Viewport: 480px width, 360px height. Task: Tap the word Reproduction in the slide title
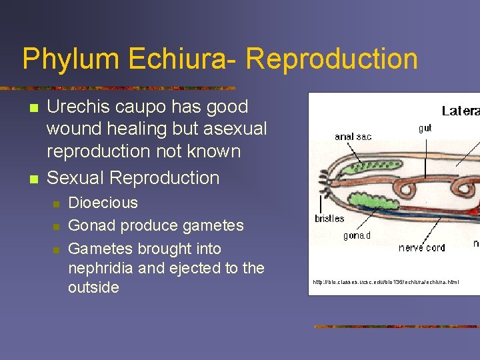(x=332, y=59)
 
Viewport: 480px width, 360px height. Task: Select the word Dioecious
(x=103, y=203)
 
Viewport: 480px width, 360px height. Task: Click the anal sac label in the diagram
(x=353, y=137)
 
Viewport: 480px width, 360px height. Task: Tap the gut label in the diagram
(x=425, y=128)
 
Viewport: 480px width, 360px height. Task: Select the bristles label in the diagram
(x=329, y=219)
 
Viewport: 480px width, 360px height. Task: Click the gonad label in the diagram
(x=357, y=235)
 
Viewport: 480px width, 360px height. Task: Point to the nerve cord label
(x=422, y=247)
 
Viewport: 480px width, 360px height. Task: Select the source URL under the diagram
(x=386, y=282)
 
